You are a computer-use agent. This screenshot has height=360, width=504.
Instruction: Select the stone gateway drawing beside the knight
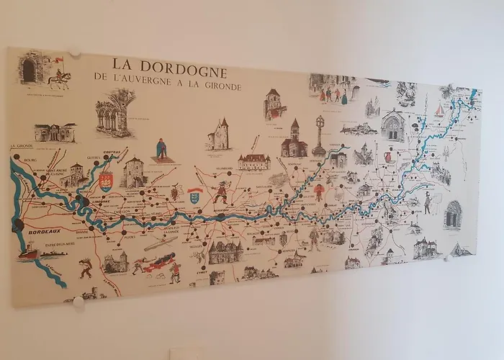30,68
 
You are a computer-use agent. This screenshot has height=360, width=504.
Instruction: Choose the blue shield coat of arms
194,195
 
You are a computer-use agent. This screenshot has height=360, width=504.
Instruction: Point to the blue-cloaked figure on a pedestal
162,150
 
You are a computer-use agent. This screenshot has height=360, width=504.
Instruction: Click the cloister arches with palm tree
115,112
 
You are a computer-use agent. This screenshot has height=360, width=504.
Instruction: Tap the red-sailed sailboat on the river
439,109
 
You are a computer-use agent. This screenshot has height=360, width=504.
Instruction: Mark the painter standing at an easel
426,202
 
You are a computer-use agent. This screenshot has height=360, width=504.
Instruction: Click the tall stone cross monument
319,137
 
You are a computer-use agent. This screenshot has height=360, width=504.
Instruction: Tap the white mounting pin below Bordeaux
78,301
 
